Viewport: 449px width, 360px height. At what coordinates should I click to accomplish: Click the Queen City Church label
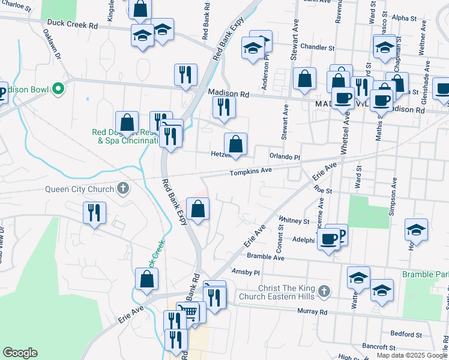click(80, 190)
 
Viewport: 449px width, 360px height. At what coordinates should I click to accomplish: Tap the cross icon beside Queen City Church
click(122, 189)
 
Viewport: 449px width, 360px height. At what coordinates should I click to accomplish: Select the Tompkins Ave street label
click(252, 171)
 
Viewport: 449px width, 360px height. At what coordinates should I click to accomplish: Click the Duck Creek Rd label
click(73, 26)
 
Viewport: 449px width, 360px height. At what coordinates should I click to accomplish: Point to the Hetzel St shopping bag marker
click(236, 144)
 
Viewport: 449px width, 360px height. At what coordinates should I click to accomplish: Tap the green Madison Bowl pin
click(58, 90)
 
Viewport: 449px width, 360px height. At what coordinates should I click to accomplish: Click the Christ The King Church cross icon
click(324, 292)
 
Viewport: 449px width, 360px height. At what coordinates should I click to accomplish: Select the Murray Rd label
click(315, 312)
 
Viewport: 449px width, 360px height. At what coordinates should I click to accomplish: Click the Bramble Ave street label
click(266, 256)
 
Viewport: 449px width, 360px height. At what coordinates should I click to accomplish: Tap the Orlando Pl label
click(284, 157)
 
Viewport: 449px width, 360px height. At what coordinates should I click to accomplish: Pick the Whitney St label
click(294, 221)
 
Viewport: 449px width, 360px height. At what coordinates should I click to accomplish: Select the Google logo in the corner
click(20, 353)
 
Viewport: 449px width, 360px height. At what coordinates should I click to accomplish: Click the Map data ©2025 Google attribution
click(412, 355)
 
